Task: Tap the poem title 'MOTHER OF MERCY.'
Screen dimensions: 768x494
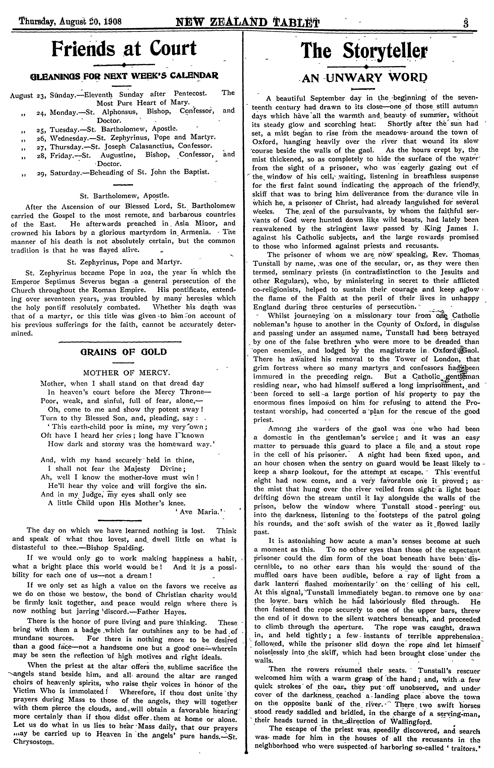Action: (x=126, y=372)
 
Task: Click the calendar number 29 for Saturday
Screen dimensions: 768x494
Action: (x=41, y=172)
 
